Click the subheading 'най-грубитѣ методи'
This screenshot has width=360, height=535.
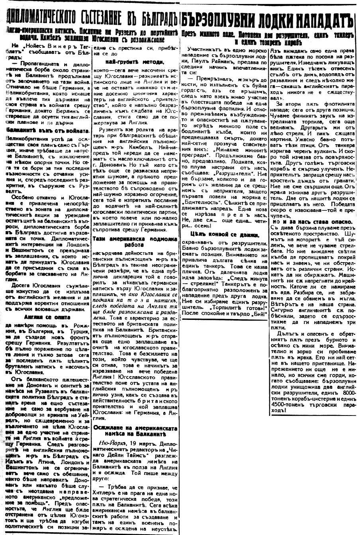[129, 62]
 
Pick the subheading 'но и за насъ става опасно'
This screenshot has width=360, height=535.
[312, 221]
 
